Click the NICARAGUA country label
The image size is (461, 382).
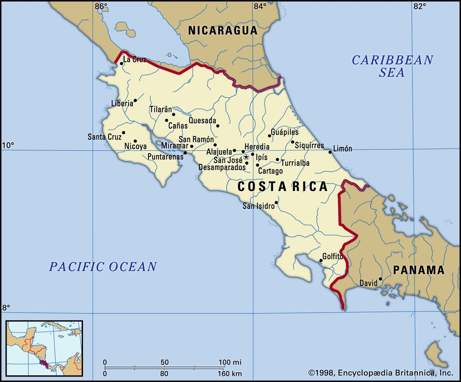(222, 31)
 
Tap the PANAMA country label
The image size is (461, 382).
(419, 270)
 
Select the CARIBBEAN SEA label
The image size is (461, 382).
(392, 66)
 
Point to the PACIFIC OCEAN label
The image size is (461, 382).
(103, 267)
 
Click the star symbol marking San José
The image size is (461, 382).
(246, 157)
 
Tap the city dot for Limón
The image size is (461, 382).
(330, 152)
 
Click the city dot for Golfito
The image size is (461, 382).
(321, 261)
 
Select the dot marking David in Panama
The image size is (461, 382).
(380, 279)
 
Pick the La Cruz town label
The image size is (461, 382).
(135, 59)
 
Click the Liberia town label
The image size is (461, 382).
(122, 103)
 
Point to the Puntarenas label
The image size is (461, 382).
(165, 157)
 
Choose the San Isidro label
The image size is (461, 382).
(258, 206)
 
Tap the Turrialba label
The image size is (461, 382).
(295, 163)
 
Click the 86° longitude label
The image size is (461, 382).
(101, 6)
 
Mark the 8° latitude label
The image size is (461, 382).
(6, 308)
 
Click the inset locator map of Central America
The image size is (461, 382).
(44, 348)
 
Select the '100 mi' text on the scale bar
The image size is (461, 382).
(230, 362)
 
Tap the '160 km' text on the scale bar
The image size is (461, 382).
(230, 374)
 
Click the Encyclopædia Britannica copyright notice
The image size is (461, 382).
(381, 373)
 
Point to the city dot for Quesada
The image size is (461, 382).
(218, 126)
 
